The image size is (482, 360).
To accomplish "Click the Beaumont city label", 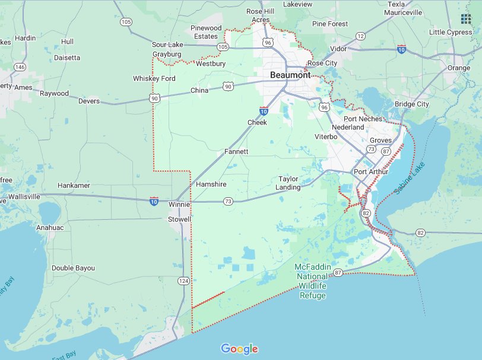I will click(290, 75).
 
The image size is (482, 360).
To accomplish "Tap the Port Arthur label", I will click(370, 172).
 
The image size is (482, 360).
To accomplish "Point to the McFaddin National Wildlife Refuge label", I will click(313, 281).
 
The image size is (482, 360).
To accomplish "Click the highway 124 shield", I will click(183, 280).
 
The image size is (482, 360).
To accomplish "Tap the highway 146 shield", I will click(20, 67).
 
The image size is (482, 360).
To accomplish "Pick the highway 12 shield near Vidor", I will click(360, 36).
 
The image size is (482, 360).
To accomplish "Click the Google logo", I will click(239, 349).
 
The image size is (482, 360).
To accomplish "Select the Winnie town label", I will click(179, 205).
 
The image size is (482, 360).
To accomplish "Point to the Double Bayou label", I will click(73, 268).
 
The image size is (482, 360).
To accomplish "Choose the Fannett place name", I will click(236, 152).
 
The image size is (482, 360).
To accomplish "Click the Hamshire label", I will click(211, 184).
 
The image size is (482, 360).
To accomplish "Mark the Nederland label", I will click(348, 127).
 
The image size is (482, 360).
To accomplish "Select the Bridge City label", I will click(412, 104).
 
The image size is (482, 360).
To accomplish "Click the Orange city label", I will click(458, 68).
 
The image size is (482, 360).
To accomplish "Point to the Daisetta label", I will click(67, 58).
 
